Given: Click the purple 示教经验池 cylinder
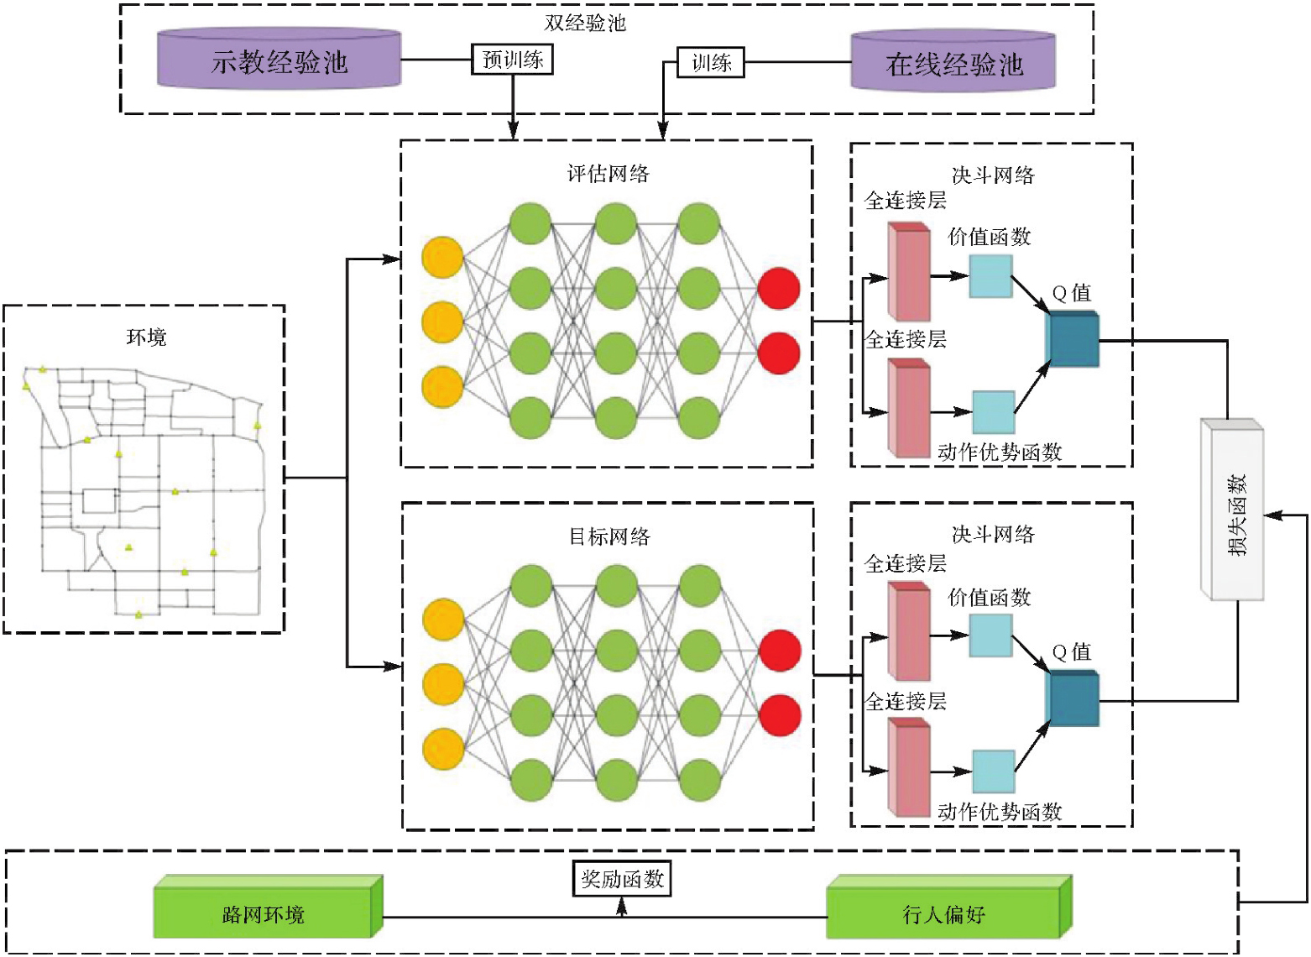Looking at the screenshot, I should coord(279,60).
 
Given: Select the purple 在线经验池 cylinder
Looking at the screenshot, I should coord(953,63).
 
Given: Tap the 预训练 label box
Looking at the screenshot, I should coord(512,60).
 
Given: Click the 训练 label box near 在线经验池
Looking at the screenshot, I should coord(711,63).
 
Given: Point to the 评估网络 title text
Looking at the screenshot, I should coord(608,174).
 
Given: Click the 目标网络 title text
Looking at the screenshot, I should coord(609,536).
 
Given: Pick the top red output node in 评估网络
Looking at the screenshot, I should coord(779,288).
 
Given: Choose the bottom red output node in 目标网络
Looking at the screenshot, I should coord(780,715).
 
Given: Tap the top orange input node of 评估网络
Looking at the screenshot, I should coord(442,257).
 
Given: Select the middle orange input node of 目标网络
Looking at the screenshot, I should coord(443,684).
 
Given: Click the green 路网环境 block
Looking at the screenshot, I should coord(264,913).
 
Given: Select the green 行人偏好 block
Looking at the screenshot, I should coord(944,913).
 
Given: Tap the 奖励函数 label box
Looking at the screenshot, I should coord(622,879).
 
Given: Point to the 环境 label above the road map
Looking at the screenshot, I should coord(146,337).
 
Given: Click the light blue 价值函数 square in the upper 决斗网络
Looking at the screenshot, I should coord(990,275).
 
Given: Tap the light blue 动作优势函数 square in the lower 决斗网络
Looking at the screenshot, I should coord(994,771).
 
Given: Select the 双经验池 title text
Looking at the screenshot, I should coord(585,23).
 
